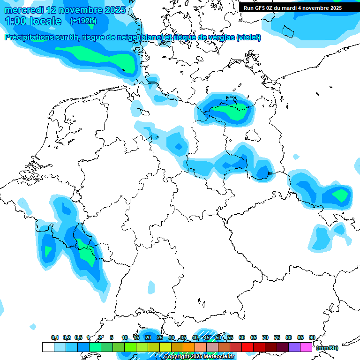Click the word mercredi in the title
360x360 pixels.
point(25,10)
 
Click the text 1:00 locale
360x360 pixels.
point(33,21)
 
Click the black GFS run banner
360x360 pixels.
point(293,7)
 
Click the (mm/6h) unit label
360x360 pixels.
point(327,348)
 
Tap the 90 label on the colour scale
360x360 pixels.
point(312,337)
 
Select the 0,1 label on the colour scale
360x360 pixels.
point(54,337)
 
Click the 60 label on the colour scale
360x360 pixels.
point(242,337)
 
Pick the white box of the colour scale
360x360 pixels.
point(48,347)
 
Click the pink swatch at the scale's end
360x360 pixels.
point(306,347)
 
